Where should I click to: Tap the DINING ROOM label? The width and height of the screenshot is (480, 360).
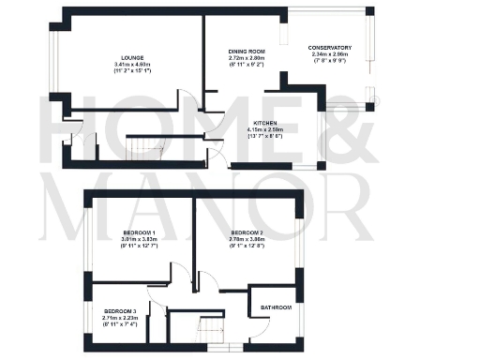pos(249,52)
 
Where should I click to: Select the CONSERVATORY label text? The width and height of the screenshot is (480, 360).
pos(330,47)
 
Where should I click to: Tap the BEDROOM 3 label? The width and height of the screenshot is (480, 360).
pos(121,309)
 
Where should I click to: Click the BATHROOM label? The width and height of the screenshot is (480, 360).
pos(276,307)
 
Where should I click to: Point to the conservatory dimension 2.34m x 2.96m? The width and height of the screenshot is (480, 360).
pos(330,54)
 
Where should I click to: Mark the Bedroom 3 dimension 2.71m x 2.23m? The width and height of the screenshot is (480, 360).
pos(121,317)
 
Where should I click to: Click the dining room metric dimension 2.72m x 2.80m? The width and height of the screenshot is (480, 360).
pos(249,59)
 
